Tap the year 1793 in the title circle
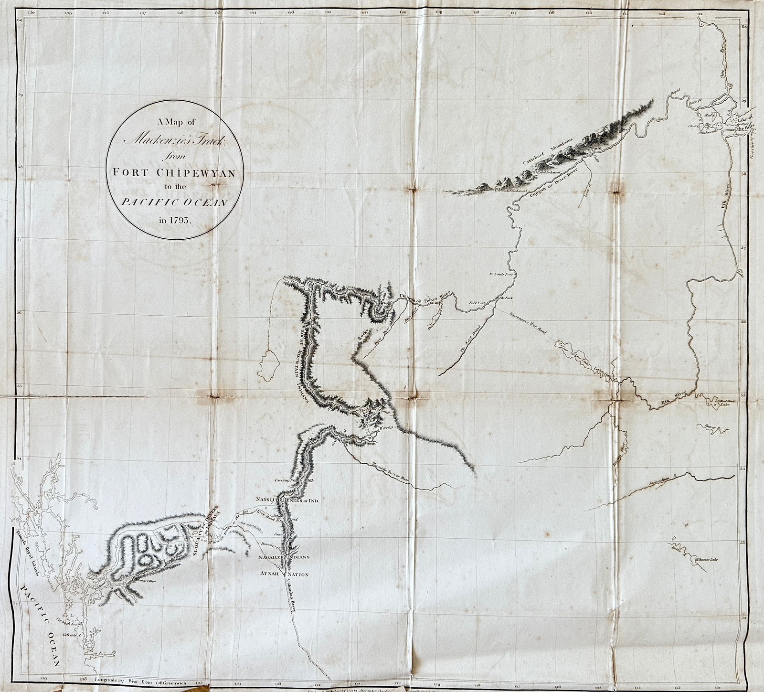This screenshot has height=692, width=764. coord(176,221)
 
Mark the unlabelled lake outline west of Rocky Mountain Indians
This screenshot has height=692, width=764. coord(270,364)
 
